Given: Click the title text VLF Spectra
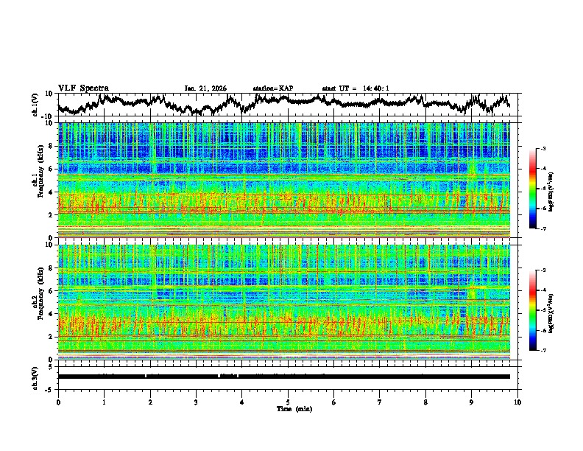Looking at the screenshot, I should [83, 88].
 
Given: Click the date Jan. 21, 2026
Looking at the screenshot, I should [206, 88].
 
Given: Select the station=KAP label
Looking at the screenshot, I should [273, 88].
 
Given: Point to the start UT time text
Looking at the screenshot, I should [356, 88].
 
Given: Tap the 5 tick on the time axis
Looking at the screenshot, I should [288, 401].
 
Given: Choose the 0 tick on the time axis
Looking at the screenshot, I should [58, 401].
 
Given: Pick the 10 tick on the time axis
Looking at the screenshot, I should [517, 401].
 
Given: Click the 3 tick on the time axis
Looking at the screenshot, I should [196, 401].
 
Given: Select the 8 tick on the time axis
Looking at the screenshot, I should [425, 401].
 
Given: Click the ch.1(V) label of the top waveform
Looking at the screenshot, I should [35, 105].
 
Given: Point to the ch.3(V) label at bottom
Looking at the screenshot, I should [35, 377].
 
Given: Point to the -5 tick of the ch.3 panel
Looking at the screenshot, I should [52, 388].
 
